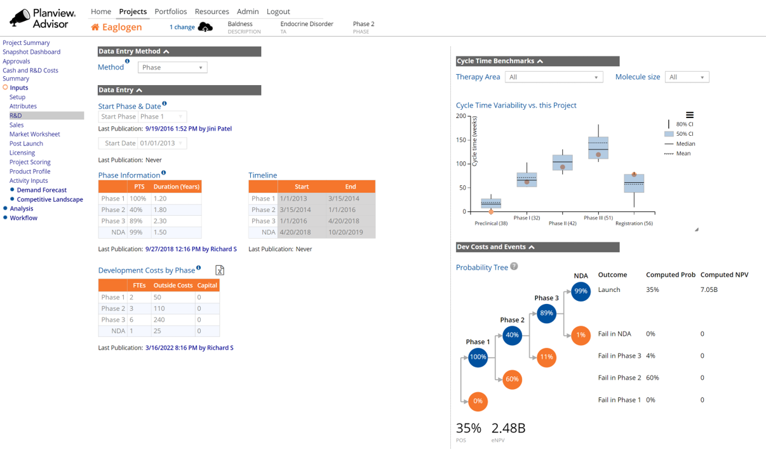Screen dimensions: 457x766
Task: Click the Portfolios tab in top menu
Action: click(170, 11)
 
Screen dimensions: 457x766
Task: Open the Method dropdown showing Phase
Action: click(172, 67)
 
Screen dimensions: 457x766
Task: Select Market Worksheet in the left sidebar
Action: click(34, 134)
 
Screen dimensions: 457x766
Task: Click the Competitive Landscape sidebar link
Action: click(50, 199)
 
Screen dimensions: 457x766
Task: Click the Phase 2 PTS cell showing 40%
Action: click(137, 209)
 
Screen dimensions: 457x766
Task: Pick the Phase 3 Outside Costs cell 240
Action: click(173, 320)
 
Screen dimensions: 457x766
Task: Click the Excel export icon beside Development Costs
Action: click(220, 270)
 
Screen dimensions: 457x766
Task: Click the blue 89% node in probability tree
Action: click(546, 313)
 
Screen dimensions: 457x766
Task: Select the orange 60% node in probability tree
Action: click(512, 379)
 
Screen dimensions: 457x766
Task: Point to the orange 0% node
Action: click(478, 401)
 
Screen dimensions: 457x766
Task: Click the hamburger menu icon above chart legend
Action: click(689, 115)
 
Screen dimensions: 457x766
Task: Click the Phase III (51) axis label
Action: click(598, 218)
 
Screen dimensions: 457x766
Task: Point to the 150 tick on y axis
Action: click(461, 140)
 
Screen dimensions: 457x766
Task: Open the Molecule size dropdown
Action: click(687, 77)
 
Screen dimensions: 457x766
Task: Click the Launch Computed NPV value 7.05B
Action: click(709, 289)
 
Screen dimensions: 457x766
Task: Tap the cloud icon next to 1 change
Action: click(205, 27)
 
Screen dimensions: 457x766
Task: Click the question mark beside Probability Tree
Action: click(514, 267)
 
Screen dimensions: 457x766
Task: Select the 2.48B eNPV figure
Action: click(508, 428)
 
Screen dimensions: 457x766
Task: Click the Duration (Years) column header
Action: click(177, 187)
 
